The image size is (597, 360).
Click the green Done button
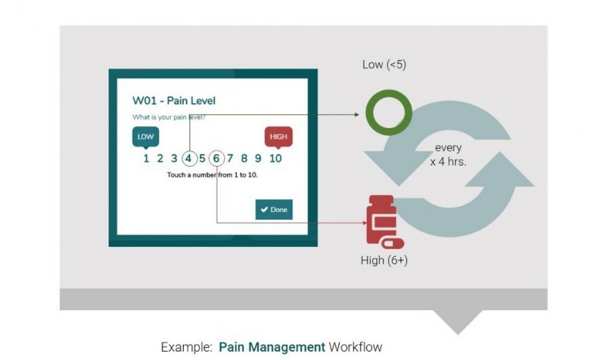pos(274,209)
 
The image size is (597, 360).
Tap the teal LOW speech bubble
pos(146,136)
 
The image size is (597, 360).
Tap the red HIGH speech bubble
pos(278,136)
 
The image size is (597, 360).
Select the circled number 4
pos(189,158)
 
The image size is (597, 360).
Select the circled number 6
pos(217,158)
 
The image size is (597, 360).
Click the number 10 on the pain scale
pos(276,158)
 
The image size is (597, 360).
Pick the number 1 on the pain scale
pos(146,158)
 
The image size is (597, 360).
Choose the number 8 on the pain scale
pos(244,158)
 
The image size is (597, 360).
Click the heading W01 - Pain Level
pos(174,101)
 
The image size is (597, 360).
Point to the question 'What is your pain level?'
pos(169,117)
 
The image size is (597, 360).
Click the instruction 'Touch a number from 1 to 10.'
pos(212,175)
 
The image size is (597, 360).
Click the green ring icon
pos(389,113)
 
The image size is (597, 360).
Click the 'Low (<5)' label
pos(384,65)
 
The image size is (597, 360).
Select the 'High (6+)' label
pos(384,260)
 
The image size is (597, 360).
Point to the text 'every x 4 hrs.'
pos(448,154)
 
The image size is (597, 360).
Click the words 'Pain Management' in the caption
pos(272,347)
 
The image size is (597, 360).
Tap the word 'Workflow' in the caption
pos(356,347)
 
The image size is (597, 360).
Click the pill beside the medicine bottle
pos(393,243)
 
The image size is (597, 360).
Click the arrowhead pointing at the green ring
pos(356,114)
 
